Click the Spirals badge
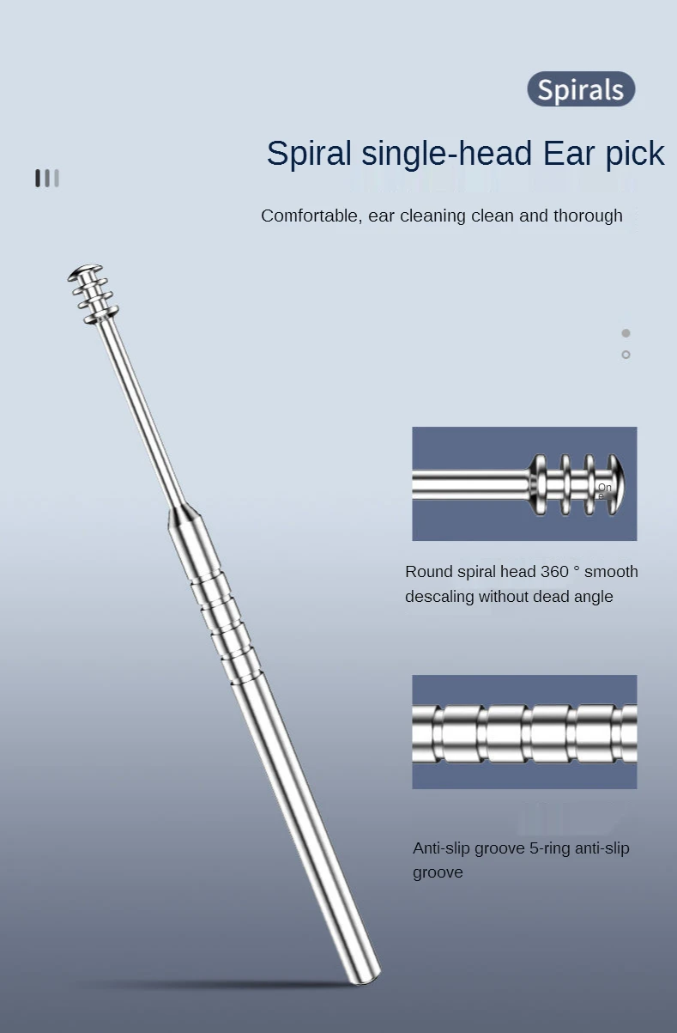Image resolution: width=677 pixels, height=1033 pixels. pyautogui.click(x=581, y=89)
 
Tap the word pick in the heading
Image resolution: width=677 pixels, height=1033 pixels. pyautogui.click(x=634, y=154)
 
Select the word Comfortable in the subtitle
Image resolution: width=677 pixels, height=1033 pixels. pyautogui.click(x=310, y=216)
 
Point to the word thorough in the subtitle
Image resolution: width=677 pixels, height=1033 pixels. pyautogui.click(x=588, y=216)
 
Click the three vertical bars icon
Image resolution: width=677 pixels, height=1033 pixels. pyautogui.click(x=47, y=179)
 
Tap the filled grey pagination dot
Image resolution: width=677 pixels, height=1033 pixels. pyautogui.click(x=626, y=333)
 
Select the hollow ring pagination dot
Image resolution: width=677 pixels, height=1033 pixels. pyautogui.click(x=626, y=355)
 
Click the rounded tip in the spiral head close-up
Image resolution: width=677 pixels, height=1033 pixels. pyautogui.click(x=614, y=483)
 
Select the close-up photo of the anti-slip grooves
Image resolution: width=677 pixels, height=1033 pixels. pyautogui.click(x=524, y=732)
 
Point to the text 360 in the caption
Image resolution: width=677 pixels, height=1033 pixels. pyautogui.click(x=554, y=572)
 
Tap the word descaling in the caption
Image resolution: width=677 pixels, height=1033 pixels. pyautogui.click(x=439, y=597)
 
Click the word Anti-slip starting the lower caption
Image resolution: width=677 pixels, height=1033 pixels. pyautogui.click(x=444, y=848)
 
